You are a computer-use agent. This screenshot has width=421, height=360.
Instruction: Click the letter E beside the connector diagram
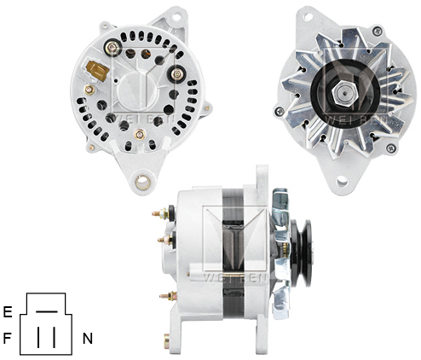8,311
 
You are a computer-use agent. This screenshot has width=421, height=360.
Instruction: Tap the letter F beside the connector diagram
8,338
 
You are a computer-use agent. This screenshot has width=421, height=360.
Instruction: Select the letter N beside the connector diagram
87,339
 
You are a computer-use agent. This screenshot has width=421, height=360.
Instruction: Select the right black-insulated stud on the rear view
178,74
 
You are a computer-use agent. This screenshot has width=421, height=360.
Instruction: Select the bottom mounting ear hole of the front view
343,181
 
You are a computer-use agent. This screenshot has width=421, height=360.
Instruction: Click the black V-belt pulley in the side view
299,253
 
